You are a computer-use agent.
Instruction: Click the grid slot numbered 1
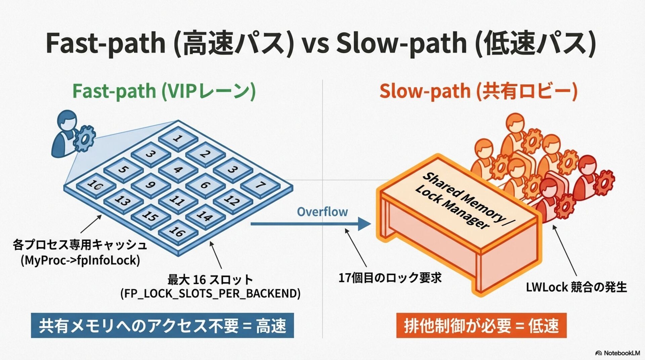pyautogui.click(x=178, y=138)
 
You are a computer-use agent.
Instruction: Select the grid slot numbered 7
pyautogui.click(x=260, y=185)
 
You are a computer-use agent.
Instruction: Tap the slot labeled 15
pyautogui.click(x=150, y=216)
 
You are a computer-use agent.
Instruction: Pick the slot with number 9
pyautogui.click(x=150, y=185)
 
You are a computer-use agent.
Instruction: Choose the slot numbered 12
pyautogui.click(x=232, y=200)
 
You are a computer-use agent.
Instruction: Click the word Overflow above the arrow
pyautogui.click(x=322, y=212)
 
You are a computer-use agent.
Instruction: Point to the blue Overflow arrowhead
pyautogui.click(x=364, y=224)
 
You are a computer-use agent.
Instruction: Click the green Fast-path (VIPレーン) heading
pyautogui.click(x=164, y=91)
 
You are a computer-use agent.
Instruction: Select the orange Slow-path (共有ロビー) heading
pyautogui.click(x=478, y=91)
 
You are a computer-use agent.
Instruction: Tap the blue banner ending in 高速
pyautogui.click(x=162, y=325)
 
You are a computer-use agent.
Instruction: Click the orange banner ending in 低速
pyautogui.click(x=481, y=325)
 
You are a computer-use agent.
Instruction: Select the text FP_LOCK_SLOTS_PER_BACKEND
pyautogui.click(x=210, y=293)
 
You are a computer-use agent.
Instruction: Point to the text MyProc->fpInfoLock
pyautogui.click(x=80, y=260)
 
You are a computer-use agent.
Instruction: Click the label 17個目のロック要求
pyautogui.click(x=390, y=278)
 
